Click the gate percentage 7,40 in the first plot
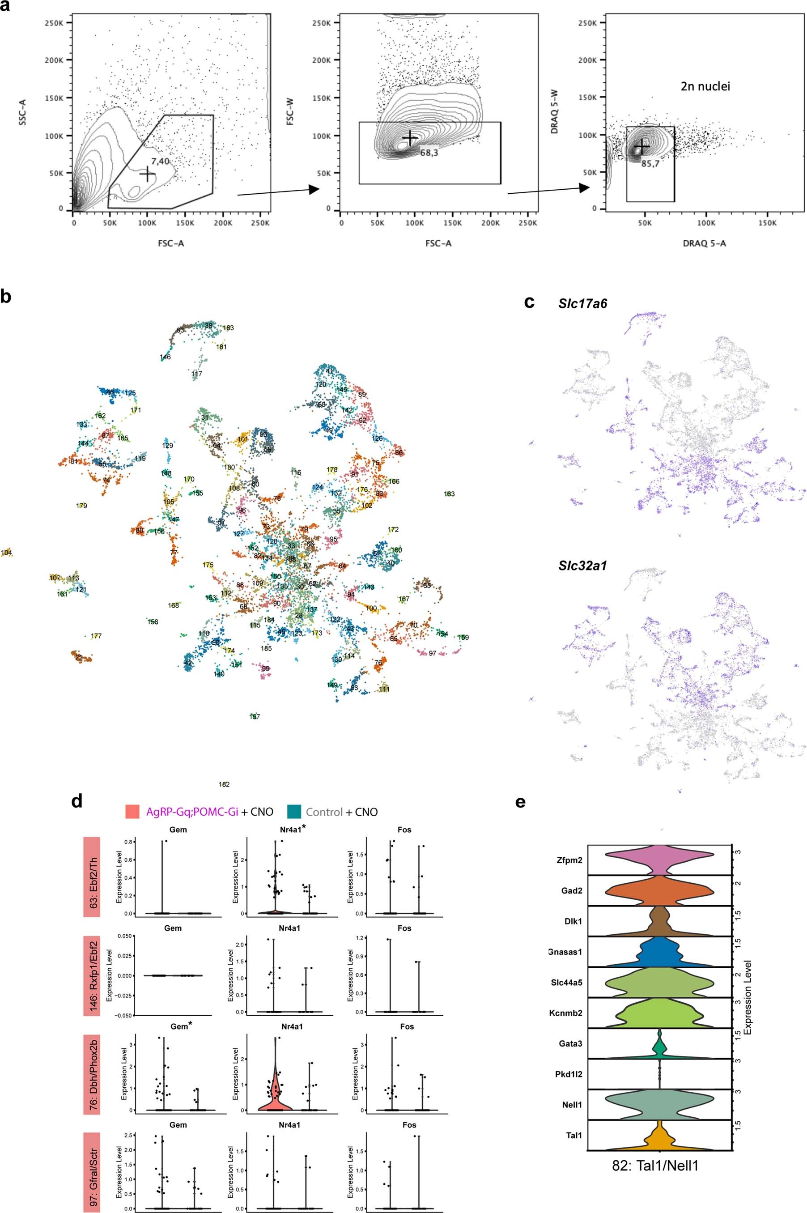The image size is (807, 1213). pos(160,162)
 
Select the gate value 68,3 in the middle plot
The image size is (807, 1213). pos(428,153)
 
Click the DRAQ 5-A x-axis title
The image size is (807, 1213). pos(705,244)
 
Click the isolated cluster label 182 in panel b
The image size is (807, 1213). pos(224,785)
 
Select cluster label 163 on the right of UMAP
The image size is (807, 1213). pos(449,494)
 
